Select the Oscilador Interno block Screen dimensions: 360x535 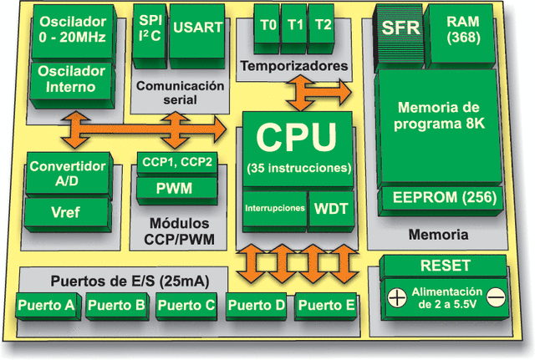point(67,80)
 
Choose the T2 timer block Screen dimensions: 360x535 point(323,25)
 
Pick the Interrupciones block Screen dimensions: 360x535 point(274,208)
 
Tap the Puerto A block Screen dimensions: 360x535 point(46,305)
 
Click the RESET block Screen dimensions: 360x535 point(444,266)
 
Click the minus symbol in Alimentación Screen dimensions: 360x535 point(495,296)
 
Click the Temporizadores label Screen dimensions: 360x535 point(293,64)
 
